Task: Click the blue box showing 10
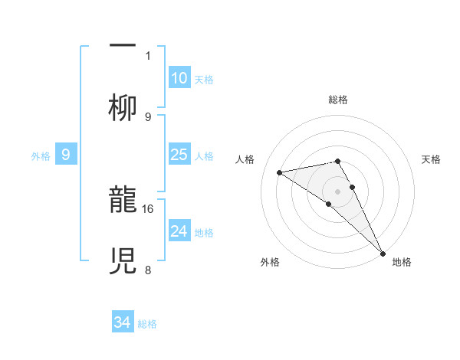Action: tap(179, 78)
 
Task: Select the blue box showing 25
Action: tap(179, 155)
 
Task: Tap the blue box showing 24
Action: tap(179, 231)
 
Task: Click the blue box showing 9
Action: tap(66, 155)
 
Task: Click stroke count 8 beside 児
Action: tap(148, 270)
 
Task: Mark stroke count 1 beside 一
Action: tap(148, 55)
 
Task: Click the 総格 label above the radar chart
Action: tap(338, 100)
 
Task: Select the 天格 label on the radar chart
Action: tap(432, 159)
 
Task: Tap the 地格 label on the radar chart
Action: tap(402, 263)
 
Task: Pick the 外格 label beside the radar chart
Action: tap(270, 263)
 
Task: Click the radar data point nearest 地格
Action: tap(383, 253)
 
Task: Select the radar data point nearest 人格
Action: tap(280, 172)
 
